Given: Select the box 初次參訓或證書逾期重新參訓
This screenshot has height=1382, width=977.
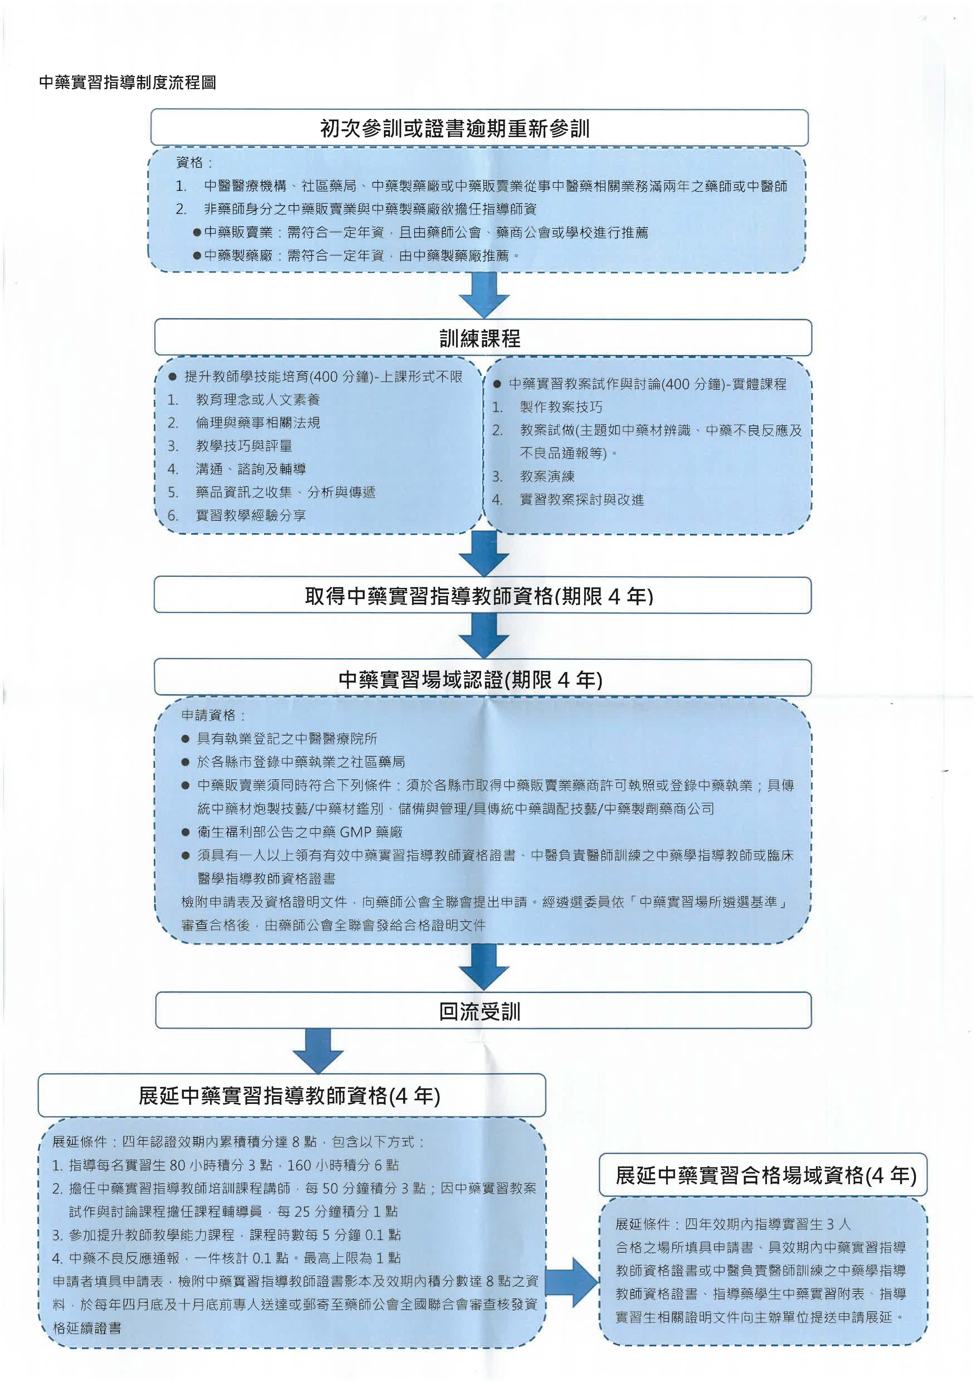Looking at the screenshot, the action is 479,128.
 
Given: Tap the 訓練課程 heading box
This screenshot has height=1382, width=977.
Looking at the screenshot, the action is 483,338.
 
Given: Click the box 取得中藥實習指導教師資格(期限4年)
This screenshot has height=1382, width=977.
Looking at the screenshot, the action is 483,595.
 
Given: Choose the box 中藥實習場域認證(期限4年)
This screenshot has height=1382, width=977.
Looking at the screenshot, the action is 483,678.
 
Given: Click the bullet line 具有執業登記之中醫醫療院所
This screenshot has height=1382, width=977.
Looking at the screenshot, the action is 287,739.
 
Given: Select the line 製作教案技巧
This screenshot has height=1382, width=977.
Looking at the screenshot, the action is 561,407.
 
